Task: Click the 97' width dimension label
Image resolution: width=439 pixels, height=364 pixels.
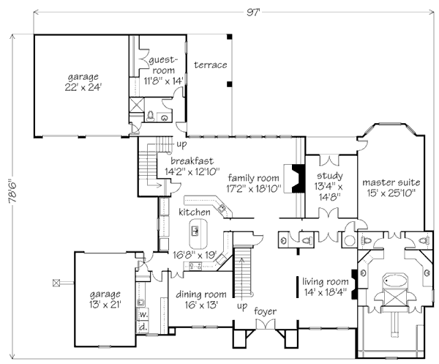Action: pyautogui.click(x=232, y=11)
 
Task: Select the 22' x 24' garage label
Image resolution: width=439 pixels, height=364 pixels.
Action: pyautogui.click(x=82, y=81)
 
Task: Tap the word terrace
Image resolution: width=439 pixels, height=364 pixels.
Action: pyautogui.click(x=210, y=65)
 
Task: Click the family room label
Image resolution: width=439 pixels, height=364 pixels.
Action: pyautogui.click(x=254, y=182)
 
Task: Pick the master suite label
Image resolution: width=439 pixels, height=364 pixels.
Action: pyautogui.click(x=389, y=187)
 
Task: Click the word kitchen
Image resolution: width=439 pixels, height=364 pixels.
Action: pyautogui.click(x=194, y=212)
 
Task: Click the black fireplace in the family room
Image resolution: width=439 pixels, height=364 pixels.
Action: pyautogui.click(x=297, y=178)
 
